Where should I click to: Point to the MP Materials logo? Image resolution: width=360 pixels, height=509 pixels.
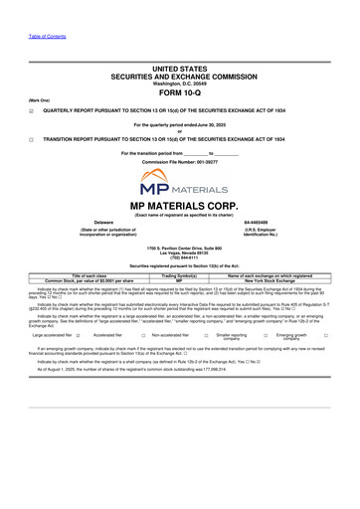tap(179, 185)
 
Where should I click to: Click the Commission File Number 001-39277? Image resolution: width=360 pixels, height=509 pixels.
tap(179, 161)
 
